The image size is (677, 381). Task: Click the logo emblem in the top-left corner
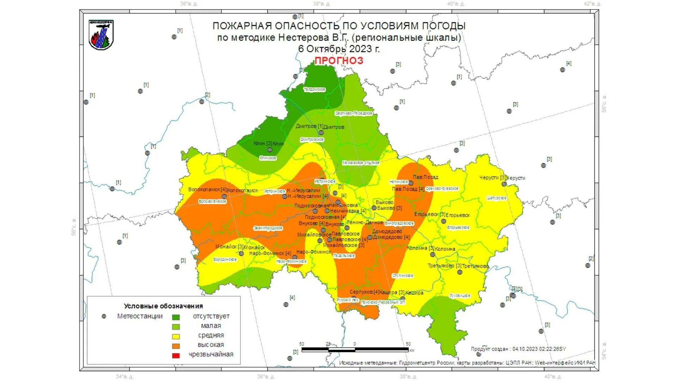click(101, 35)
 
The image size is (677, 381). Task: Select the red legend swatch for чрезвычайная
click(176, 356)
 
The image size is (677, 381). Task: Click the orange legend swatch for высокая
click(176, 346)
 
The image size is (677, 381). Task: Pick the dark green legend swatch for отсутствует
click(176, 317)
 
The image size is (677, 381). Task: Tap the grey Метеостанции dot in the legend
click(104, 316)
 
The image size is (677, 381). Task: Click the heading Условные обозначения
click(163, 306)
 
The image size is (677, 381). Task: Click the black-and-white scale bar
click(355, 350)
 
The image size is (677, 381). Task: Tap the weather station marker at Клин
click(270, 150)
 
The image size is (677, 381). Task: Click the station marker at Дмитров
click(321, 133)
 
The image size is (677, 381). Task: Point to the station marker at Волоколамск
click(224, 196)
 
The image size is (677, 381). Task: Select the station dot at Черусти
click(504, 184)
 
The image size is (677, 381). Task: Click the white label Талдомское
click(315, 90)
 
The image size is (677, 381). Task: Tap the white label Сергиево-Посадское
click(354, 113)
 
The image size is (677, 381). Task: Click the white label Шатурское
click(496, 198)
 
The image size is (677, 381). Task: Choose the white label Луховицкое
click(460, 296)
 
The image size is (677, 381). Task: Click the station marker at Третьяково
click(460, 272)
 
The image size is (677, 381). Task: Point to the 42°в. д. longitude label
click(592, 4)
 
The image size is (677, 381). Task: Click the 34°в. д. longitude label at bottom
click(125, 377)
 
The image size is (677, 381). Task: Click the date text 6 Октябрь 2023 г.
click(339, 49)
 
